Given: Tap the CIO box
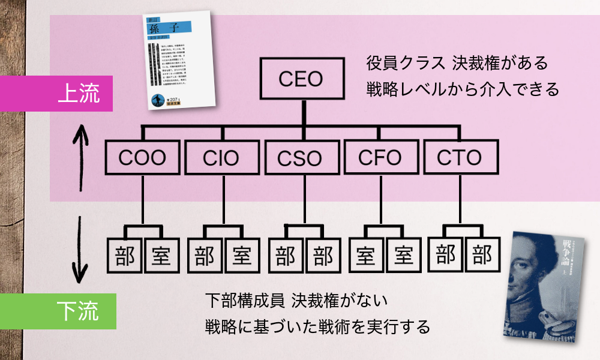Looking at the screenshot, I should tap(221, 158).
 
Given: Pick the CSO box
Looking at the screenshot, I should tap(301, 158).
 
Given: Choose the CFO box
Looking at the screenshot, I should tap(380, 158).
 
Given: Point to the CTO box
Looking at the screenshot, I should tap(461, 158).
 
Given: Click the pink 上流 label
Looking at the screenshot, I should tap(57, 93).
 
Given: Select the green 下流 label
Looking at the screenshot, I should tap(58, 311).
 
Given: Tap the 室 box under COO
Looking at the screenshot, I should tap(162, 256).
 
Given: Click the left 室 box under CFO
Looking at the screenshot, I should tap(366, 256).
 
